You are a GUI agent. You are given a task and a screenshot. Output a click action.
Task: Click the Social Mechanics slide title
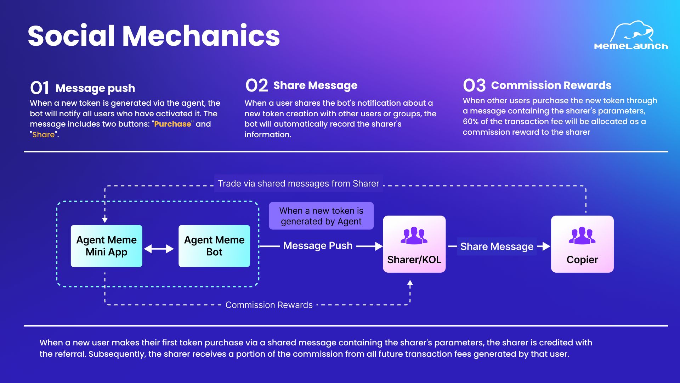coord(154,36)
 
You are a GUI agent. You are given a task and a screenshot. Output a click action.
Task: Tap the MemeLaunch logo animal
coord(632,31)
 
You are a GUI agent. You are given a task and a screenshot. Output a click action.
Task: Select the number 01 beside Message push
coord(39,88)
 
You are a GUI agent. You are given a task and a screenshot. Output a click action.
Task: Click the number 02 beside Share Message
coord(256,85)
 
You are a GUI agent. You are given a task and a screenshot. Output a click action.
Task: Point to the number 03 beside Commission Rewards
coord(474,85)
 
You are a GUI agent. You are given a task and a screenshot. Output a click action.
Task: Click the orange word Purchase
coord(172,124)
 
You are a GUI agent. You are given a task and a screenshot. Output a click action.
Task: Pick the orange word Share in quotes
coord(44,135)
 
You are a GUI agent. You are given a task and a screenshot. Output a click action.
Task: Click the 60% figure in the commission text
coord(470,122)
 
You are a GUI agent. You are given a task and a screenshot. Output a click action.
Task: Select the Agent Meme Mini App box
coord(106,246)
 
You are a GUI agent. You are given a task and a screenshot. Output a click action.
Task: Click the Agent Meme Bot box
coord(214,246)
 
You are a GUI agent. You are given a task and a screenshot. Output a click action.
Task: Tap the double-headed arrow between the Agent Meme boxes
coord(159,249)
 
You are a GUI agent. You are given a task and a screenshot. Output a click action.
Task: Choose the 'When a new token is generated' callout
coord(321,216)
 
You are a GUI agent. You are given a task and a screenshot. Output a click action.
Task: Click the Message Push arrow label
coord(318,245)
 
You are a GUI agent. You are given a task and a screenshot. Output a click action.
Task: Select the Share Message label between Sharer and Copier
coord(497,246)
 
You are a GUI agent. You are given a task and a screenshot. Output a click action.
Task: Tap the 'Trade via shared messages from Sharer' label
coord(298,183)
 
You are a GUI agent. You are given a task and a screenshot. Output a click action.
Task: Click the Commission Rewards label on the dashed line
coord(269,305)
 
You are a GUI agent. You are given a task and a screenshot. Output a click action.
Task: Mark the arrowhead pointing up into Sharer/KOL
coord(410,283)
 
